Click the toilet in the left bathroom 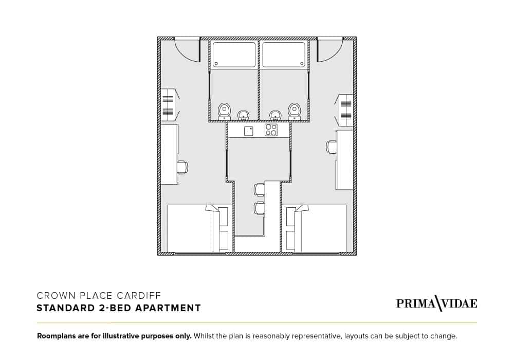coord(224,110)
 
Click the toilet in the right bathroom coord(294,110)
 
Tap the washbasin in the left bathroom coord(243,115)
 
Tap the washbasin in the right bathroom coord(276,115)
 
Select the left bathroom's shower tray coord(234,55)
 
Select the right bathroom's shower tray coord(284,55)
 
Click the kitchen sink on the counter coord(249,131)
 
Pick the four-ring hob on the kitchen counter coord(271,130)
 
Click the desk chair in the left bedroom coord(182,167)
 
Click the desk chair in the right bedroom coord(332,147)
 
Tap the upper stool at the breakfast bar coord(259,189)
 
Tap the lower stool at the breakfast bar coord(259,208)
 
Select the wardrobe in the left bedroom coord(168,105)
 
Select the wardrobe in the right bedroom coord(346,110)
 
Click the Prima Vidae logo coord(436,303)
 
